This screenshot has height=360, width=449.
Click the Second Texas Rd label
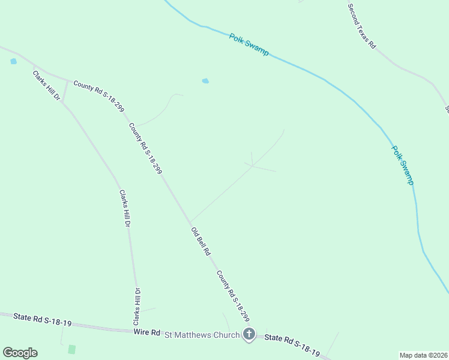pos(361,26)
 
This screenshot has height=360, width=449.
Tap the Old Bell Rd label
pos(200,242)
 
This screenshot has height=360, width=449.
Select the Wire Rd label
pos(146,332)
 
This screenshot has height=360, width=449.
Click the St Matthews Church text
pos(202,335)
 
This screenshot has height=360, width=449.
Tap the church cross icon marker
pos(249,335)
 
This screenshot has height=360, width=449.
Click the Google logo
pos(20,352)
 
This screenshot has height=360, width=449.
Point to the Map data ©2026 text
pos(423,355)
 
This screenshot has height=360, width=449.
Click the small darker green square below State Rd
pos(72,349)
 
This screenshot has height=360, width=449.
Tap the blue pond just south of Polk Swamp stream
pos(205,80)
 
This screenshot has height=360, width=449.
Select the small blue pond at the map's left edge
pos(13,61)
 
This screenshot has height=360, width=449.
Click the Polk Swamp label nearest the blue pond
pos(249,44)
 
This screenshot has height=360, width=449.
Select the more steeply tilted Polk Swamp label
pos(403,164)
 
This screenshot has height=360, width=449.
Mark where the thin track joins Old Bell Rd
pos(190,221)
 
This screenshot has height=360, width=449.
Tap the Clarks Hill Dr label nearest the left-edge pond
pos(47,85)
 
